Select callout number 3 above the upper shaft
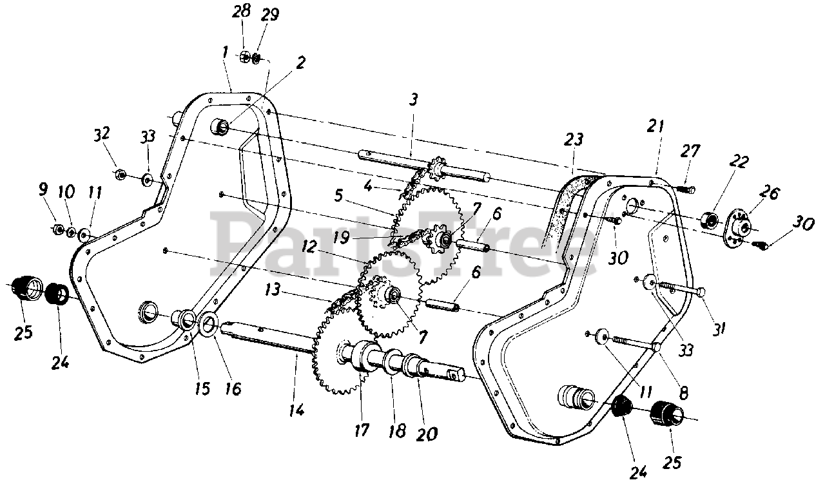pos(413,99)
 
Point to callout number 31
pos(719,329)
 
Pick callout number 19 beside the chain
pos(342,238)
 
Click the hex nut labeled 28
pos(245,57)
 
